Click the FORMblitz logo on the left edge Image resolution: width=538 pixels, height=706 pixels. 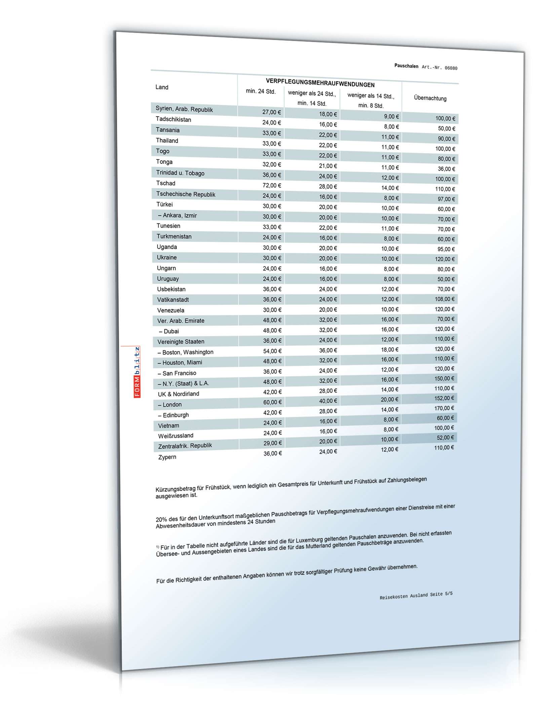pyautogui.click(x=137, y=372)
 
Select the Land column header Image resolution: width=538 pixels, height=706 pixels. pyautogui.click(x=162, y=87)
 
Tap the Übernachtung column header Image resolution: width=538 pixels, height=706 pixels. pyautogui.click(x=430, y=98)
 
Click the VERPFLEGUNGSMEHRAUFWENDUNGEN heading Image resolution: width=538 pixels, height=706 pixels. pyautogui.click(x=320, y=83)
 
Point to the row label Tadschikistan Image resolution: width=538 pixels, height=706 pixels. pyautogui.click(x=173, y=119)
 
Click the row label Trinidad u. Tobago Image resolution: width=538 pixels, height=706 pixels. pyautogui.click(x=180, y=173)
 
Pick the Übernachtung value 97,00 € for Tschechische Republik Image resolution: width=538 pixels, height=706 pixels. pyautogui.click(x=446, y=199)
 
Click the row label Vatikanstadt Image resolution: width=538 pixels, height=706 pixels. pyautogui.click(x=173, y=300)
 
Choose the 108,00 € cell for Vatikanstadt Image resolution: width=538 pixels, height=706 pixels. pyautogui.click(x=445, y=299)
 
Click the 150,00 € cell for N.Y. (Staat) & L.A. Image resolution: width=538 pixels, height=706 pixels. pyautogui.click(x=444, y=378)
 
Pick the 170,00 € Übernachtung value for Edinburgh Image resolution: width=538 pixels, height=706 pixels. pyautogui.click(x=444, y=408)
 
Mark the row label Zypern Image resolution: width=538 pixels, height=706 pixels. pyautogui.click(x=167, y=457)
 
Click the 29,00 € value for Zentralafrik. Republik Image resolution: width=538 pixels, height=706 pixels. pyautogui.click(x=272, y=443)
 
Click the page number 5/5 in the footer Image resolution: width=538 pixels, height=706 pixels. pyautogui.click(x=449, y=594)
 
